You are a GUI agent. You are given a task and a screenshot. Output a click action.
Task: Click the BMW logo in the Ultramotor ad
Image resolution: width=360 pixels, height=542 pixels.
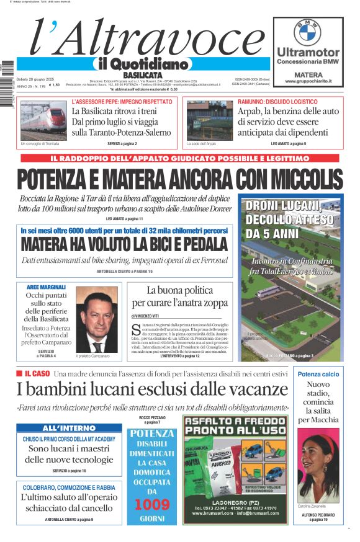[307, 32]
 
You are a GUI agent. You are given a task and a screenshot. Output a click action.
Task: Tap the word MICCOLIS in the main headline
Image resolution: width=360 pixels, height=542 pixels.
[292, 180]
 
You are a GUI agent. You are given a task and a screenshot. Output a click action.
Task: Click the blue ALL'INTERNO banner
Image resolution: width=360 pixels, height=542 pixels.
[69, 428]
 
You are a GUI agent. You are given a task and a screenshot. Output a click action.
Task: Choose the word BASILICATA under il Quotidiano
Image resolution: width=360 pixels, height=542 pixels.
[130, 75]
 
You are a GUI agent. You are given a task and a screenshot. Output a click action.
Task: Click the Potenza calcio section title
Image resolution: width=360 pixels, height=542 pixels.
[318, 375]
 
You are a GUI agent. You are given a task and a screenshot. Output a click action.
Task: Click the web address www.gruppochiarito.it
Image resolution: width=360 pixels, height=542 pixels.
[308, 81]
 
